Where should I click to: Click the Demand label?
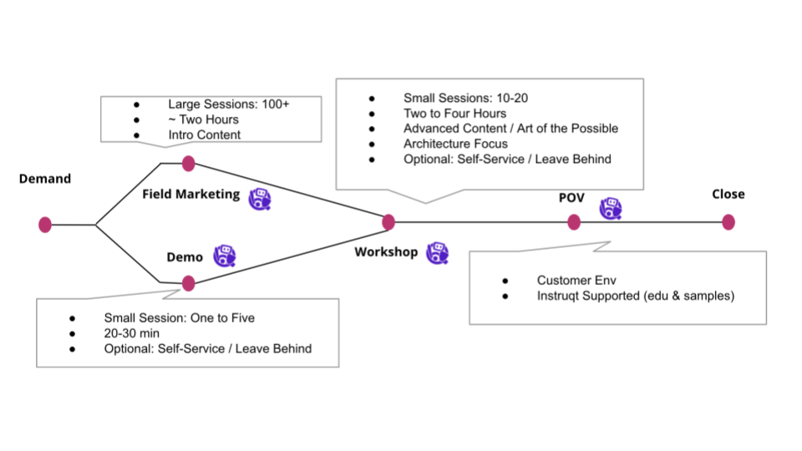click(x=45, y=179)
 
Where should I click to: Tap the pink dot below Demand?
click(x=45, y=225)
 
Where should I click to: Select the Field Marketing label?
click(x=190, y=195)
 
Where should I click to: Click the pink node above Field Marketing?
click(x=189, y=163)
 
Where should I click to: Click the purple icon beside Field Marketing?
click(x=261, y=198)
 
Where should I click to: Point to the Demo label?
click(x=185, y=257)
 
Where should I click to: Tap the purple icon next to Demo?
click(x=224, y=256)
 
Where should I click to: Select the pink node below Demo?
click(x=189, y=283)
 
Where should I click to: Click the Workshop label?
click(x=386, y=252)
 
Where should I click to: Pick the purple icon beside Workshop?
click(x=437, y=253)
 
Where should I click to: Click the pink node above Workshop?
click(x=388, y=222)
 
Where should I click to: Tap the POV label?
click(x=571, y=198)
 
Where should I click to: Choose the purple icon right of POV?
click(x=611, y=208)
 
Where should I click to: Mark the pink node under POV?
click(x=574, y=222)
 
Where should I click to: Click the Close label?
click(x=728, y=195)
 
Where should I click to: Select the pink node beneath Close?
click(x=728, y=222)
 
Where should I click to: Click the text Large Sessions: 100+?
click(x=230, y=104)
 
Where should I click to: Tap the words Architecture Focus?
click(x=455, y=144)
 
